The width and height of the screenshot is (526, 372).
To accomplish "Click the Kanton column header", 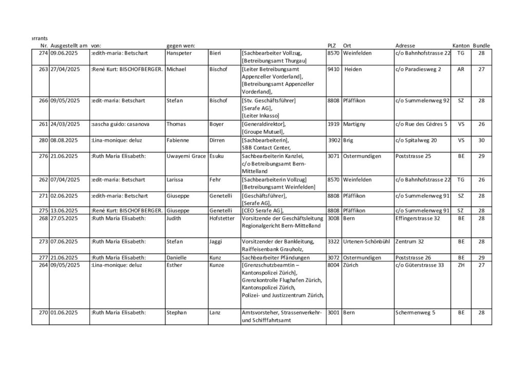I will pos(461,46).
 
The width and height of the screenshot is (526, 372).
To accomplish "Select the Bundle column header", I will pos(481,46).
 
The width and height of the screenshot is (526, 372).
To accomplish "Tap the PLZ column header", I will pos(332,46).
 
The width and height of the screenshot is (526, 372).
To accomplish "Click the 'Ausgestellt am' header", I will pos(68,46).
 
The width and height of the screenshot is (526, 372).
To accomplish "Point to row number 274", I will pos(43,53).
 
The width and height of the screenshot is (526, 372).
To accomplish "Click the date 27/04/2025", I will pos(66,69).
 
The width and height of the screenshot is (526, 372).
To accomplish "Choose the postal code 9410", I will pos(333,69).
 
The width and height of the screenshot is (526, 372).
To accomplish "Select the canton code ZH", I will pos(460,265).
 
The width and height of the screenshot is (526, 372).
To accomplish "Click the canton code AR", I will pos(460,69).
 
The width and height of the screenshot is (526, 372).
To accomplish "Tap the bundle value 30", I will pos(481,140).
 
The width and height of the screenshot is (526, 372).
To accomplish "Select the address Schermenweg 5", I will pos(415,312).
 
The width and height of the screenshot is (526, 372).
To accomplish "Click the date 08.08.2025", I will pos(64,140).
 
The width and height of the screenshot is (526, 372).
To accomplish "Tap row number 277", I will pos(43,257).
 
